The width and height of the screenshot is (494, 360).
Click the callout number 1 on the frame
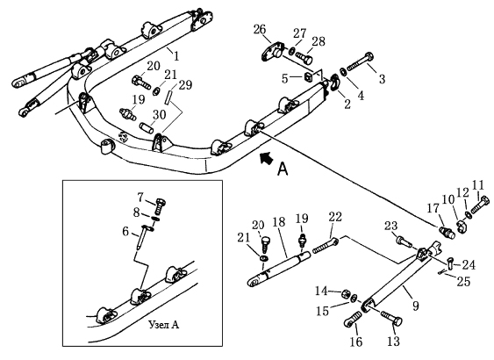176,56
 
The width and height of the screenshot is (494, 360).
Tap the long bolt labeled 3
360,62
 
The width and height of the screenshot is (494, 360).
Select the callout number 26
260,30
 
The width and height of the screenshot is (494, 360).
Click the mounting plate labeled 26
273,51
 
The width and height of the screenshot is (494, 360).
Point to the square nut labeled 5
309,76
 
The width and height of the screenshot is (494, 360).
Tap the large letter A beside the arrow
283,169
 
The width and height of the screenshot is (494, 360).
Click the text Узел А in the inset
164,324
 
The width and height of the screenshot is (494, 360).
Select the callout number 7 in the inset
140,198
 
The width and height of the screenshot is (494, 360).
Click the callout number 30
159,115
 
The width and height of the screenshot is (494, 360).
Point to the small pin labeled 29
168,97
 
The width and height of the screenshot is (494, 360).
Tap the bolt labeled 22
326,246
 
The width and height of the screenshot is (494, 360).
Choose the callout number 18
279,222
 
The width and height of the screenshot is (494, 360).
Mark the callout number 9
416,306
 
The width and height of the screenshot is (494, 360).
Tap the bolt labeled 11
481,205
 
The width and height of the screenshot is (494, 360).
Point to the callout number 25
463,281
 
